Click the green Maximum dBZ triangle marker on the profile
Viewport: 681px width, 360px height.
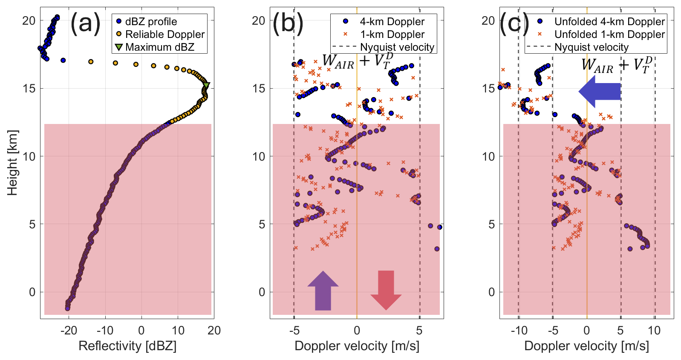[206, 85]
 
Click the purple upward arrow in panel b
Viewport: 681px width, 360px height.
[323, 291]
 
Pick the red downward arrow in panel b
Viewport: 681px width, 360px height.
[386, 291]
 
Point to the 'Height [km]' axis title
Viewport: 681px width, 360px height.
[12, 163]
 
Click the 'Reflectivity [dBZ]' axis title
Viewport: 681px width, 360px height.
[127, 346]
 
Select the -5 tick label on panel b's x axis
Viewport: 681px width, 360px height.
[294, 331]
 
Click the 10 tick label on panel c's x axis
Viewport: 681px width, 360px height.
[654, 331]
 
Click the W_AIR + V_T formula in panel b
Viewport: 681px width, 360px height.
[358, 61]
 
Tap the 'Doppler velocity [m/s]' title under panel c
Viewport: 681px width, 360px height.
[586, 346]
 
